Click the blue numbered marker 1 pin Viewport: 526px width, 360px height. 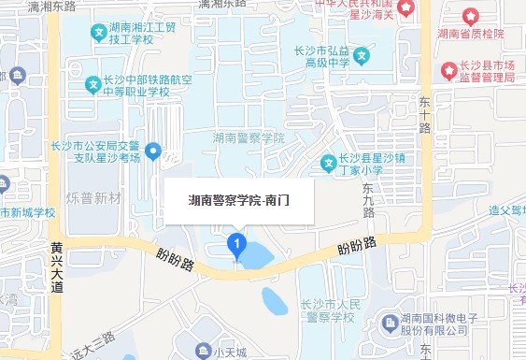click(237, 247)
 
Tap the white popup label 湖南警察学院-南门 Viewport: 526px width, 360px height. click(239, 199)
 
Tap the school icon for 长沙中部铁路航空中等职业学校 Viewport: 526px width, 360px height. click(93, 85)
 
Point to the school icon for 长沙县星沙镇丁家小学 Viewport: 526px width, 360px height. click(328, 164)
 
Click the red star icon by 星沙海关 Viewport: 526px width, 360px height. click(407, 8)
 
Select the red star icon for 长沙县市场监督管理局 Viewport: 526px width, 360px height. click(448, 69)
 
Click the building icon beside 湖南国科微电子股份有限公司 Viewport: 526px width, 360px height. click(391, 324)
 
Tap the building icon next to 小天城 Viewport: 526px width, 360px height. click(203, 352)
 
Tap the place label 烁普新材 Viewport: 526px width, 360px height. click(94, 198)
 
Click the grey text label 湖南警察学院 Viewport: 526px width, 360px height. click(249, 137)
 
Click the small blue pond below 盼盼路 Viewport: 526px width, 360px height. click(276, 301)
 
